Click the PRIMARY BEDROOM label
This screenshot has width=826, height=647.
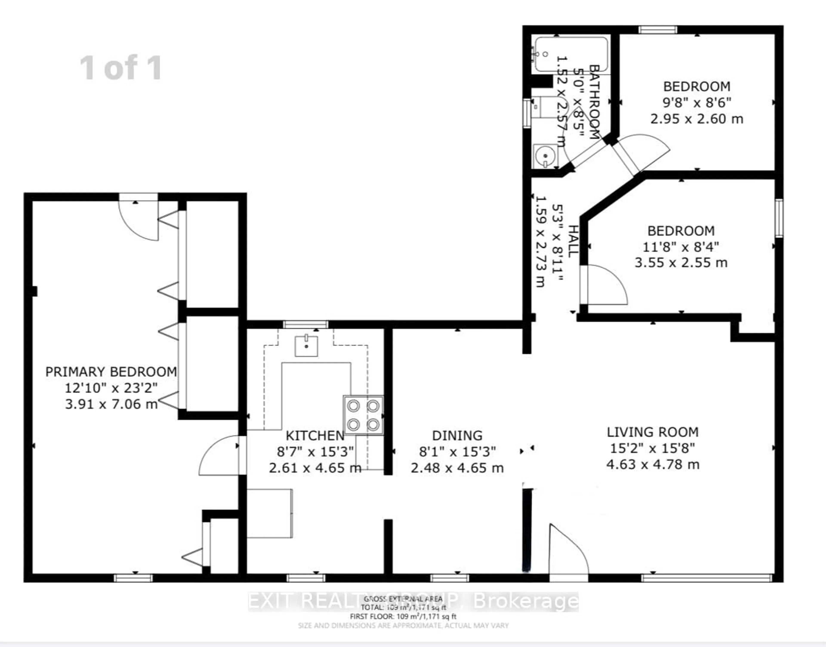point(111,372)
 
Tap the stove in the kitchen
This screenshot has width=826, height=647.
point(363,415)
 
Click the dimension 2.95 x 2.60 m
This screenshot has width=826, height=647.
point(697,119)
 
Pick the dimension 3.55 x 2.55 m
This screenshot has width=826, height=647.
point(681,263)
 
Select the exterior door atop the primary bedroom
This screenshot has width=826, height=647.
point(139,217)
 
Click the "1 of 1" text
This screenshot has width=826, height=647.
point(121,67)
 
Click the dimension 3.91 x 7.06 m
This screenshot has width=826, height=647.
point(111,404)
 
